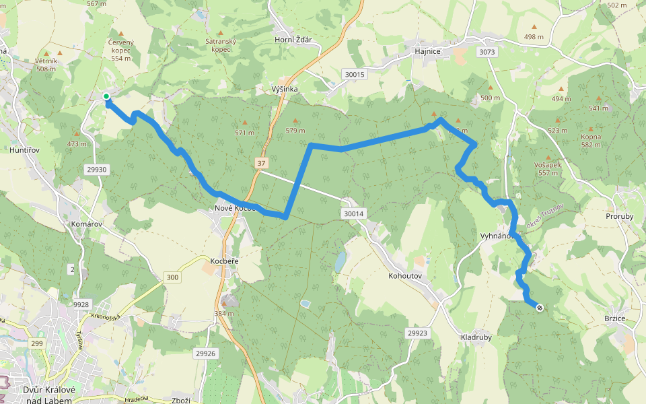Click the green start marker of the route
pyautogui.click(x=106, y=97)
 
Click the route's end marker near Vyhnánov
pyautogui.click(x=540, y=308)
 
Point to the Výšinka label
pyautogui.click(x=285, y=89)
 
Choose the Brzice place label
pyautogui.click(x=615, y=319)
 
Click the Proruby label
pyautogui.click(x=620, y=217)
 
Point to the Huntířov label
pyautogui.click(x=28, y=149)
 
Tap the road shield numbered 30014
pyautogui.click(x=353, y=214)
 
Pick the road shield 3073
pyautogui.click(x=488, y=52)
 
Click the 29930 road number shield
pyautogui.click(x=97, y=170)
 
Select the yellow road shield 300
pyautogui.click(x=172, y=277)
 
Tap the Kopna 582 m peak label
pyautogui.click(x=591, y=140)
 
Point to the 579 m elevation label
pyautogui.click(x=295, y=130)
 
